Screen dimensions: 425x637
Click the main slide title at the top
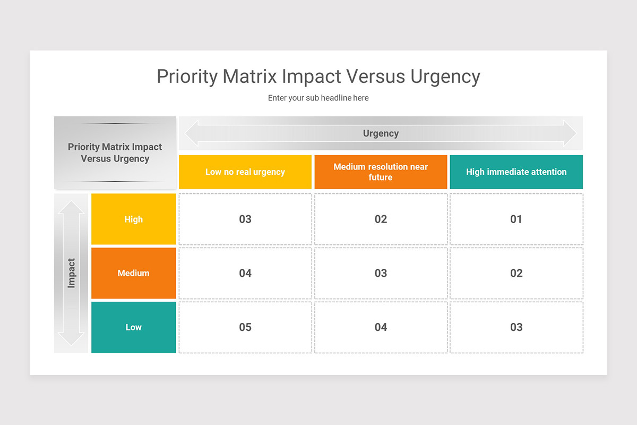pyautogui.click(x=318, y=76)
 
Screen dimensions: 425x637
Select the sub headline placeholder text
pyautogui.click(x=318, y=98)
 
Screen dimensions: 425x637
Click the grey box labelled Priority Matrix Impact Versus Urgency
pyautogui.click(x=115, y=152)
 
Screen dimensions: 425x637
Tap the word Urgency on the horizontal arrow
pyautogui.click(x=381, y=133)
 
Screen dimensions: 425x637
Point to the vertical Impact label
pyautogui.click(x=71, y=273)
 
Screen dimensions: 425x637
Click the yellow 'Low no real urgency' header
pyautogui.click(x=245, y=172)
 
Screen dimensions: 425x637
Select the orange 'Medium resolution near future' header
pyautogui.click(x=381, y=172)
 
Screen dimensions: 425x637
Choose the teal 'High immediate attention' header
pyautogui.click(x=516, y=172)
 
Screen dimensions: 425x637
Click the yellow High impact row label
pyautogui.click(x=133, y=219)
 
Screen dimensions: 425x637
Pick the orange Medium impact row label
pyautogui.click(x=133, y=273)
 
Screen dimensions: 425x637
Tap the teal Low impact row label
pyautogui.click(x=133, y=327)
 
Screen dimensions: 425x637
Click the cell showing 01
pyautogui.click(x=516, y=219)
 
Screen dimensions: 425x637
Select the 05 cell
pyautogui.click(x=245, y=327)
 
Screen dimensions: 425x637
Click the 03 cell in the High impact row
pyautogui.click(x=245, y=219)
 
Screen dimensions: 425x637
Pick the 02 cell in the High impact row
pyautogui.click(x=381, y=219)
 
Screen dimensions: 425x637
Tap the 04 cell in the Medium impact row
pyautogui.click(x=245, y=273)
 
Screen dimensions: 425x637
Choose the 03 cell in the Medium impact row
pyautogui.click(x=381, y=273)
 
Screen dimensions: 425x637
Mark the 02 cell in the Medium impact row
pyautogui.click(x=516, y=273)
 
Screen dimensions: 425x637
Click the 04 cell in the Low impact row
pyautogui.click(x=381, y=327)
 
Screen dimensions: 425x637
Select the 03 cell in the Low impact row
pyautogui.click(x=516, y=327)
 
